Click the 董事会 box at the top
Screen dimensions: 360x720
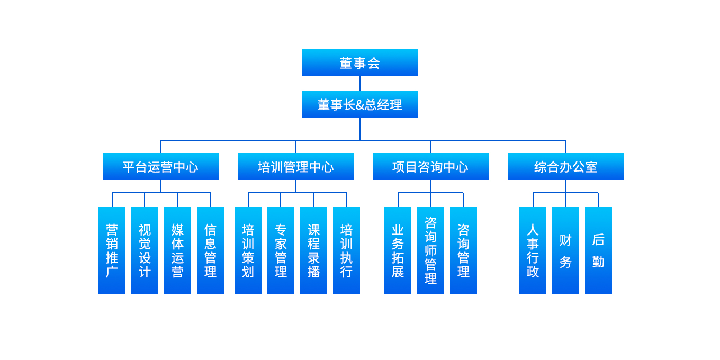click(359, 63)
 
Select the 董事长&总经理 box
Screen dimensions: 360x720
click(359, 105)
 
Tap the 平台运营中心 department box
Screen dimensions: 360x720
click(160, 167)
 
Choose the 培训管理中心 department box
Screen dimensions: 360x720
click(295, 167)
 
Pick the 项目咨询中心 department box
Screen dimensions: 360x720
click(430, 167)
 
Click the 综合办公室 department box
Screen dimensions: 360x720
click(565, 167)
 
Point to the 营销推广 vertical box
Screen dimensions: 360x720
click(112, 250)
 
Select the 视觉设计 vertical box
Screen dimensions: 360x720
click(145, 250)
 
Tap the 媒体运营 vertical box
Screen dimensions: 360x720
click(177, 250)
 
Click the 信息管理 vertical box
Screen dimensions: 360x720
click(210, 250)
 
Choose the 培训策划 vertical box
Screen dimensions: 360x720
click(248, 250)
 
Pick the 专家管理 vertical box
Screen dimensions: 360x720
click(281, 250)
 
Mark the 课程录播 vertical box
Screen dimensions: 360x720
click(313, 250)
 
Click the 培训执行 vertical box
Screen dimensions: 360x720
click(346, 250)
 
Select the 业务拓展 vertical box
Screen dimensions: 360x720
click(398, 250)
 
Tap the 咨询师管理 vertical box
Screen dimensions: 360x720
click(430, 250)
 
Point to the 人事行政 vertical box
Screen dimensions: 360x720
click(533, 250)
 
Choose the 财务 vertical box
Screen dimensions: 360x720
click(565, 250)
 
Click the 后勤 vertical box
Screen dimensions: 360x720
click(598, 250)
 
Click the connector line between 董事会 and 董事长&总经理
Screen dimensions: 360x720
click(360, 84)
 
